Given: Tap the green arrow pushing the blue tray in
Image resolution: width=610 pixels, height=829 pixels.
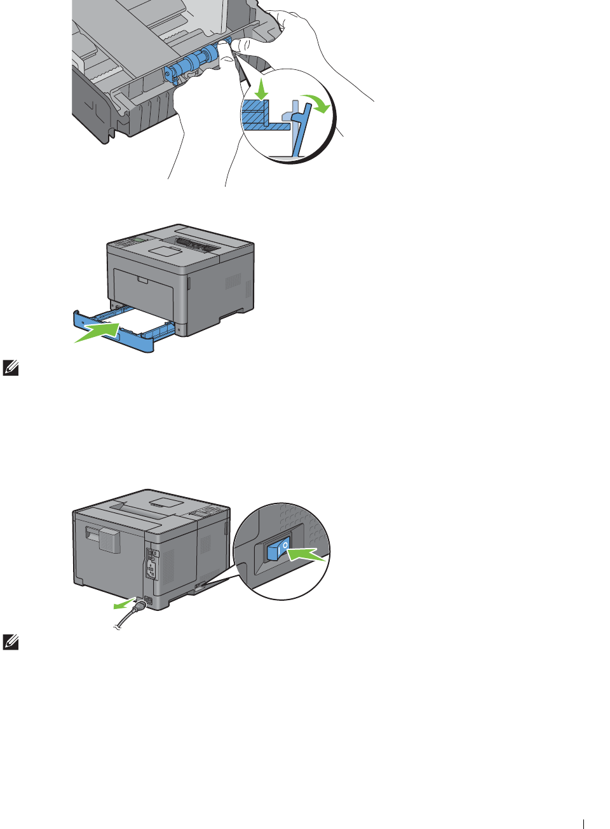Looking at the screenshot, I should [x=98, y=332].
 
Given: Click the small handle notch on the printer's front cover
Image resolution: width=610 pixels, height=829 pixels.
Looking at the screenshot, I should [x=142, y=280].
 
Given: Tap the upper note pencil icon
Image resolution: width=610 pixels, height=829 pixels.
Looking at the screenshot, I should [x=10, y=367].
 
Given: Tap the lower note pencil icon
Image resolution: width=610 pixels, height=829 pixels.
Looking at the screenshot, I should [x=10, y=641].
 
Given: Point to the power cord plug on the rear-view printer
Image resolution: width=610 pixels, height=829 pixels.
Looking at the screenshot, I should [x=140, y=605].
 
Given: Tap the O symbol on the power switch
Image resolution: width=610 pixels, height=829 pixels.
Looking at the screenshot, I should [x=286, y=545].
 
